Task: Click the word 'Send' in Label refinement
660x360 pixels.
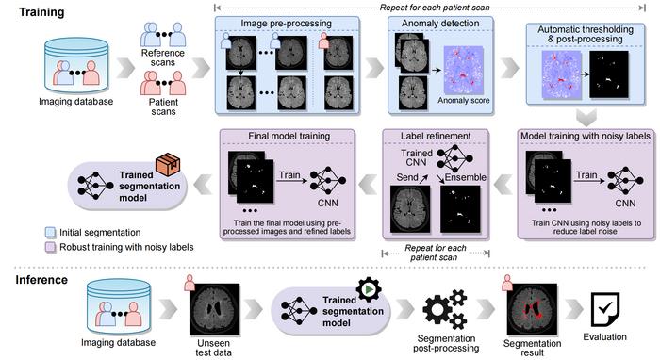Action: coord(407,176)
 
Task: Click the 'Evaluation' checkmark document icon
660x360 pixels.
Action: coord(607,307)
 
